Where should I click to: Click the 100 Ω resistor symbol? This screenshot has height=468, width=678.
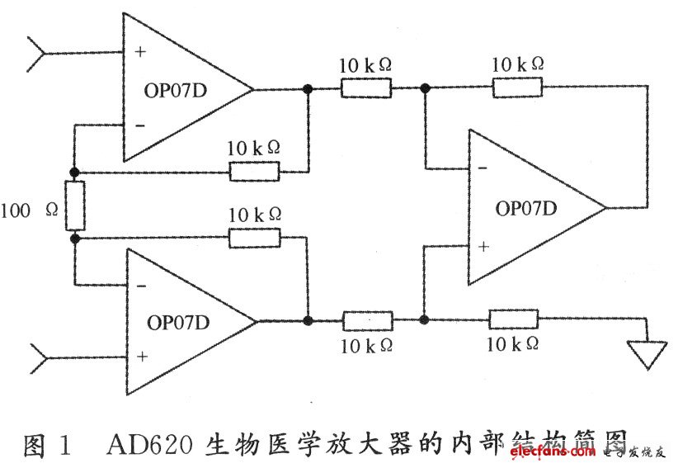pyautogui.click(x=75, y=206)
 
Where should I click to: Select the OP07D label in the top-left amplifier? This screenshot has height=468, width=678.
pyautogui.click(x=175, y=91)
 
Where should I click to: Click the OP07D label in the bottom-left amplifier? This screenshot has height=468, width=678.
pyautogui.click(x=178, y=323)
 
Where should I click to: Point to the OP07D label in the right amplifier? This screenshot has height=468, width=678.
pyautogui.click(x=525, y=209)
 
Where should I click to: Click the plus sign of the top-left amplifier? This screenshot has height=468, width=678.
pyautogui.click(x=140, y=52)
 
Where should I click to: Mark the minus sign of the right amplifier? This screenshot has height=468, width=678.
pyautogui.click(x=483, y=168)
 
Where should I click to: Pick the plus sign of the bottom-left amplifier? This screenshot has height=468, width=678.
pyautogui.click(x=142, y=357)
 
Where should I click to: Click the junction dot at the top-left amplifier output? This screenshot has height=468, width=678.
pyautogui.click(x=308, y=89)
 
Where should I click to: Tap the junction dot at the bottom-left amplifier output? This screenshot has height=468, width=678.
pyautogui.click(x=308, y=320)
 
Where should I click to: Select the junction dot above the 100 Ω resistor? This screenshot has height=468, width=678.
pyautogui.click(x=74, y=173)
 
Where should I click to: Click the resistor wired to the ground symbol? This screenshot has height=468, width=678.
pyautogui.click(x=513, y=319)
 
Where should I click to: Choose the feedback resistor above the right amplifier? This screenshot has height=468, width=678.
pyautogui.click(x=517, y=87)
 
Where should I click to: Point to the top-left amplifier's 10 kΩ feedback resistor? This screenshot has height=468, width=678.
pyautogui.click(x=254, y=172)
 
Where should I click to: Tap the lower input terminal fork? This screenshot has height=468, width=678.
pyautogui.click(x=39, y=358)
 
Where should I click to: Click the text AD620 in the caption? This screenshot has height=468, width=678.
pyautogui.click(x=149, y=444)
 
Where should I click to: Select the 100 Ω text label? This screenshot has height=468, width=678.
pyautogui.click(x=30, y=210)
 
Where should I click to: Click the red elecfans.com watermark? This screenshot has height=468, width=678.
pyautogui.click(x=553, y=452)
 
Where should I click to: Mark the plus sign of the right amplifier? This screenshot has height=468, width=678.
pyautogui.click(x=483, y=247)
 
